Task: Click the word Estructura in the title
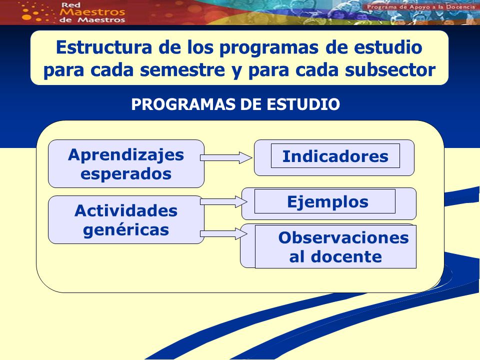(x=104, y=47)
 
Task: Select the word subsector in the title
(x=390, y=70)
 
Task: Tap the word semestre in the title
(x=182, y=70)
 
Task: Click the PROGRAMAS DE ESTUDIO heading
(x=235, y=104)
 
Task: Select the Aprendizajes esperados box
(x=126, y=164)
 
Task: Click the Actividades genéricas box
(x=126, y=220)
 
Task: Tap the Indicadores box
(x=334, y=157)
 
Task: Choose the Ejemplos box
(x=329, y=203)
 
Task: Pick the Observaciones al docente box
(x=328, y=246)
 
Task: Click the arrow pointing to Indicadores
(x=226, y=157)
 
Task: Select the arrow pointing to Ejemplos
(x=224, y=201)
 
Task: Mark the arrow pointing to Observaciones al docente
(x=224, y=234)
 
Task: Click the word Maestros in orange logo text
(x=92, y=12)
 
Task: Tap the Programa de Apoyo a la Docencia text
(x=420, y=6)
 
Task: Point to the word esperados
(x=126, y=174)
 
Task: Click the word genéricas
(x=126, y=230)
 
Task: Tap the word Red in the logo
(x=70, y=5)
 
